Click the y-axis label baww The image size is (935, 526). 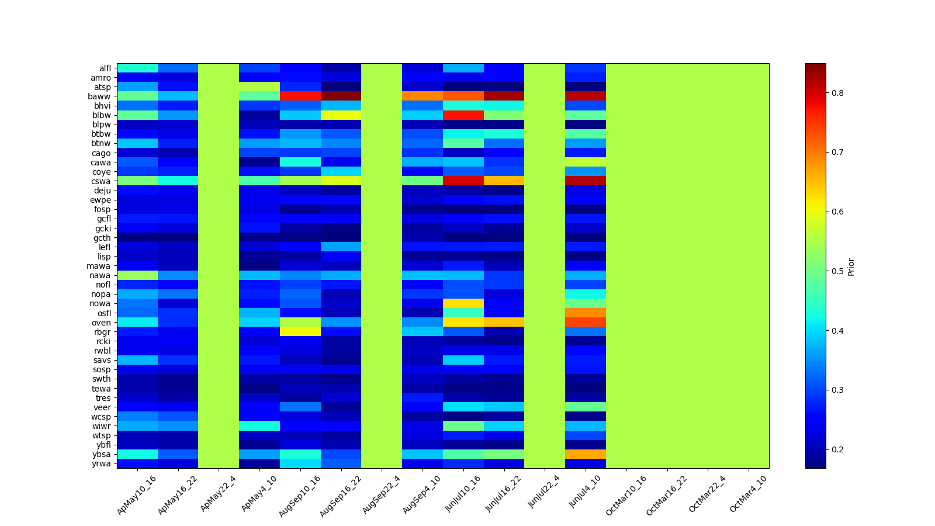pos(103,96)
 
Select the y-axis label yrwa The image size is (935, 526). pos(103,464)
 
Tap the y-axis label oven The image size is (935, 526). pos(103,323)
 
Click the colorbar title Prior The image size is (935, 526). pos(851,266)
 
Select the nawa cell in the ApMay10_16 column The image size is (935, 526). pos(137,275)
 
